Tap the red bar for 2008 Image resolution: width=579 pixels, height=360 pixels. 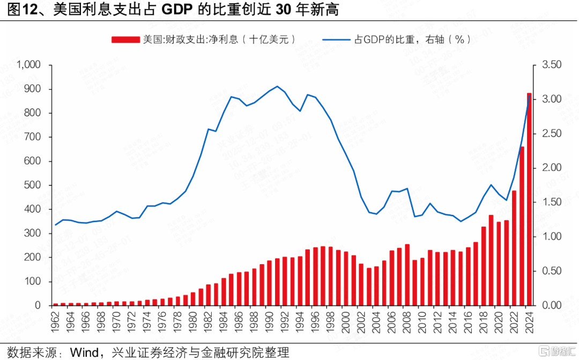407,274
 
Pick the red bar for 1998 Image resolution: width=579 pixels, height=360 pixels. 331,275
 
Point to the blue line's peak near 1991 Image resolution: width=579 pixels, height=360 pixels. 277,86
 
